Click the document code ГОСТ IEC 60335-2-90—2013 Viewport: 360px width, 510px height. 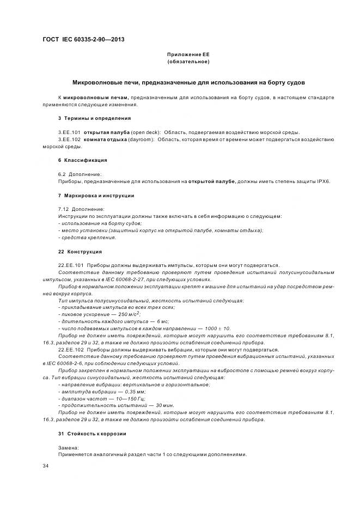click(x=80, y=40)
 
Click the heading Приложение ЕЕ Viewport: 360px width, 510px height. click(x=188, y=55)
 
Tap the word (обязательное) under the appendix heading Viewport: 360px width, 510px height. click(x=188, y=62)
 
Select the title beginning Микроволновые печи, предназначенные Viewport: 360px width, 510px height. click(x=188, y=82)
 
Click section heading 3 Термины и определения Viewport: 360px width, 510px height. click(x=94, y=118)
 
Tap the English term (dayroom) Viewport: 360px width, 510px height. click(x=141, y=139)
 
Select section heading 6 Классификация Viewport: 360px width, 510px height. click(x=82, y=160)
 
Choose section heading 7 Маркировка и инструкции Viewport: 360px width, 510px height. click(x=96, y=195)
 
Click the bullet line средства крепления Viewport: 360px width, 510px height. click(x=87, y=237)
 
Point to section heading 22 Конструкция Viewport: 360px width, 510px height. click(x=80, y=252)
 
